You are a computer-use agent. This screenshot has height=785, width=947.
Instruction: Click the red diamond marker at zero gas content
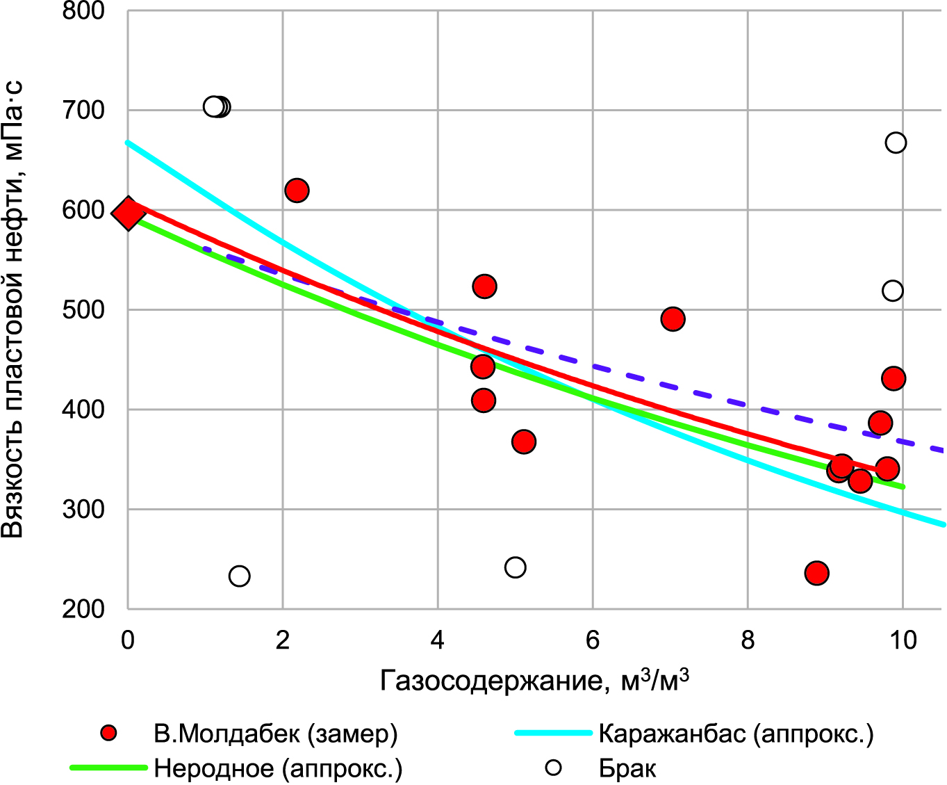click(129, 213)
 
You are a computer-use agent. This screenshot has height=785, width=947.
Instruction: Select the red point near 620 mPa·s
click(297, 191)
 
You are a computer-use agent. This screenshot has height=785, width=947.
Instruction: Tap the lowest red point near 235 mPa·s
click(816, 573)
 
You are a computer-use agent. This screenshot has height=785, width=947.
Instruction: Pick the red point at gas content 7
click(673, 319)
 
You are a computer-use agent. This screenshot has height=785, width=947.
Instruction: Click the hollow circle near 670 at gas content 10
click(896, 143)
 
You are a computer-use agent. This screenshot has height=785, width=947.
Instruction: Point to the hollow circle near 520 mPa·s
click(893, 291)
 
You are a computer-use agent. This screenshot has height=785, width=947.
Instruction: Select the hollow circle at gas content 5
click(515, 567)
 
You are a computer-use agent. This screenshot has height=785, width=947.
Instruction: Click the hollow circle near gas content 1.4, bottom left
click(239, 576)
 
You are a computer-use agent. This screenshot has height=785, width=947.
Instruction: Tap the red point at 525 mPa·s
click(484, 286)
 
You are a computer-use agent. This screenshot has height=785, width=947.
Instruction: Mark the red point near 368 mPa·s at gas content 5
click(524, 442)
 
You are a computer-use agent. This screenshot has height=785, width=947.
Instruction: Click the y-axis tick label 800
click(83, 11)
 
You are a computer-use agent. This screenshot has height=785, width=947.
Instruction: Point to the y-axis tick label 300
click(83, 510)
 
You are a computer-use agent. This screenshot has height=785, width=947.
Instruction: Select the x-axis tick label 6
click(593, 640)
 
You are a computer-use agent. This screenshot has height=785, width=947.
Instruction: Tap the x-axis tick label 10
click(903, 640)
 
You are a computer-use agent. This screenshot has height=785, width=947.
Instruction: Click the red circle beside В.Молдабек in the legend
click(108, 734)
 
